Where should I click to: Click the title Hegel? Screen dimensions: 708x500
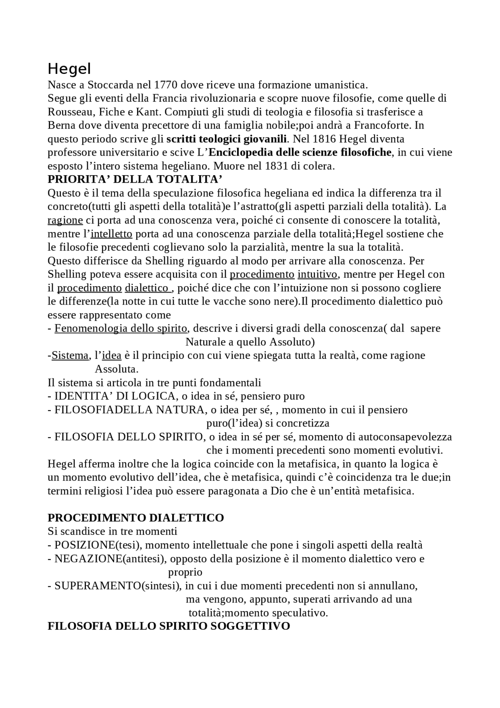[69, 69]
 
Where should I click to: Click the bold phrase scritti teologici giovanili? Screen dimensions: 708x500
[227, 139]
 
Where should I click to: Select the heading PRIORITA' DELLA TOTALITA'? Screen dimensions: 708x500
[135, 179]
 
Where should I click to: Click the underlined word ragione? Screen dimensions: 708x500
[65, 220]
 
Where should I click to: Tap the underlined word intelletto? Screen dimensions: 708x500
[111, 234]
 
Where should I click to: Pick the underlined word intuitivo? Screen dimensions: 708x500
[318, 274]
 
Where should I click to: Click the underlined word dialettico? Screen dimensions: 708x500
[146, 288]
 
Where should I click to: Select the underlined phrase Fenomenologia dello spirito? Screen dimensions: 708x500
[121, 328]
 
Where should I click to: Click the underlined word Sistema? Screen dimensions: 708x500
[70, 355]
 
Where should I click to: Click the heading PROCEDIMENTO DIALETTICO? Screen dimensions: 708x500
[136, 518]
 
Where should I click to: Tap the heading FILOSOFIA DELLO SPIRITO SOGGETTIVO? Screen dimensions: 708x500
[168, 626]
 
